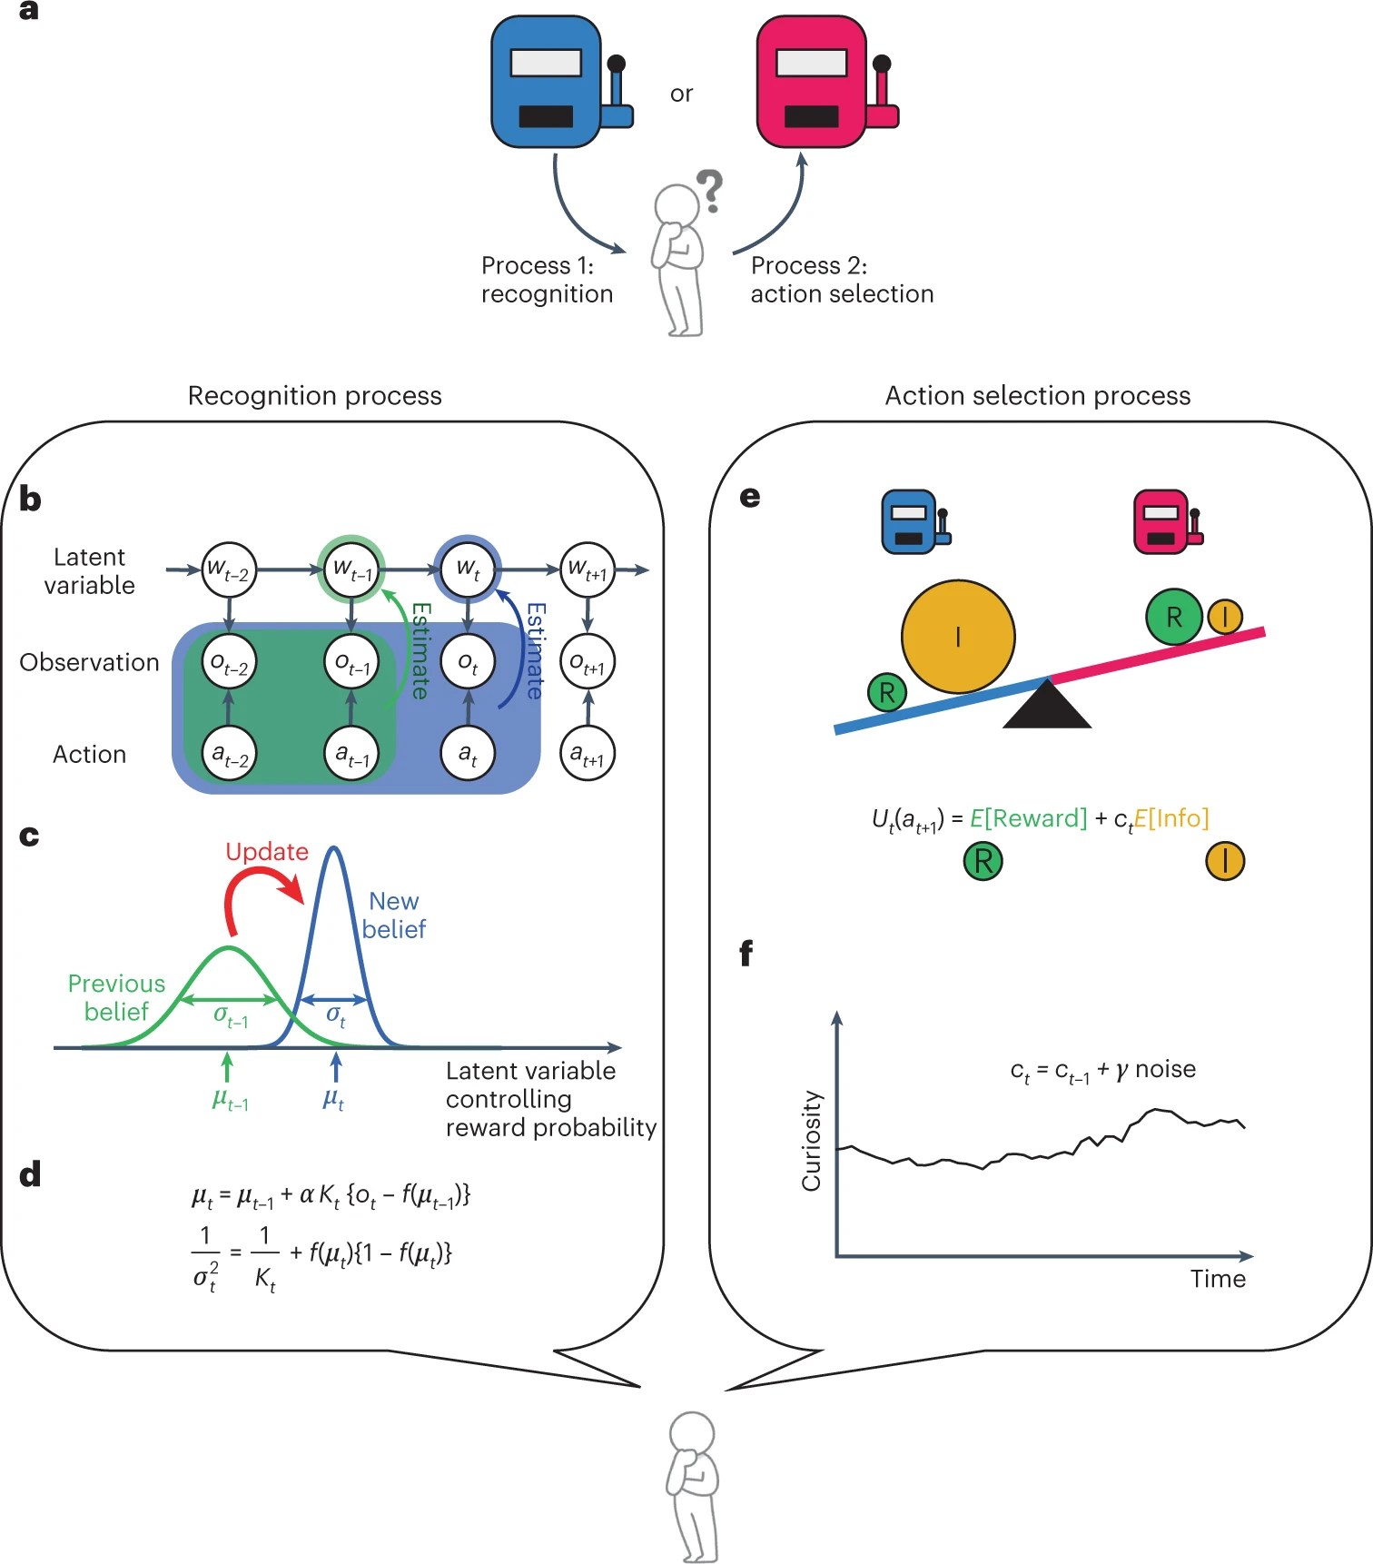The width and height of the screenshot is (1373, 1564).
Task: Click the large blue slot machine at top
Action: pos(548,82)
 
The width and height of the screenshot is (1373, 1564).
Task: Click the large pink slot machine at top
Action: pos(813,82)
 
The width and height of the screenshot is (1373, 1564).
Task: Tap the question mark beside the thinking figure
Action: pos(710,190)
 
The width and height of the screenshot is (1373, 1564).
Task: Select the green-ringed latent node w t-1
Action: pos(351,569)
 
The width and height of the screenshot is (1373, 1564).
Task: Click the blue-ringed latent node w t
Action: pos(468,569)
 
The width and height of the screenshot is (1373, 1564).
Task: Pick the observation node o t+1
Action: pos(588,663)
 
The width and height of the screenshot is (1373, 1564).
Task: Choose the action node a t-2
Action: pos(229,753)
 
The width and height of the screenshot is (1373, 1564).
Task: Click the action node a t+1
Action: pos(588,753)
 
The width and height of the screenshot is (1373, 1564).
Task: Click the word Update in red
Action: pos(267,852)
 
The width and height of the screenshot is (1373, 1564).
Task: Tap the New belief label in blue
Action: pos(394,915)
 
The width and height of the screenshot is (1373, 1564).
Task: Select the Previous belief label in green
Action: pos(116,997)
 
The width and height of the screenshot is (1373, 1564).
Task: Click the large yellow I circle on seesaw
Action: pos(958,637)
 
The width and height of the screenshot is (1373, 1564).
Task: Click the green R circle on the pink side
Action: pos(1173,617)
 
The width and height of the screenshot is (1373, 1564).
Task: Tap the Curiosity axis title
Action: pos(811,1141)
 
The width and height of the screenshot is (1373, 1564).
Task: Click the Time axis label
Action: pos(1218,1279)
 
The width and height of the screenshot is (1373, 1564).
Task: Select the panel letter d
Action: pos(30,1174)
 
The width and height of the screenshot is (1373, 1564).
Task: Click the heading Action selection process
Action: pos(1037,396)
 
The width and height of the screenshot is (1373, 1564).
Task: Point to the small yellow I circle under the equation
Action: pos(1225,861)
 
